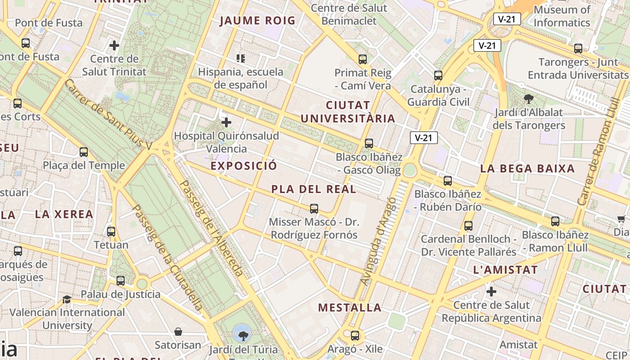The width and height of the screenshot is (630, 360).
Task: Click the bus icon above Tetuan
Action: click(111, 232)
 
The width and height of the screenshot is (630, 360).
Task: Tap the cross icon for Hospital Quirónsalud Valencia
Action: click(226, 122)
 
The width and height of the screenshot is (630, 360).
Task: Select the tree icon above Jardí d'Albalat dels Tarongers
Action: click(529, 99)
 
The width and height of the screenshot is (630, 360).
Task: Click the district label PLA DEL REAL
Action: click(314, 189)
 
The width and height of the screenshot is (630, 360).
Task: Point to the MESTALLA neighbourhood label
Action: click(350, 308)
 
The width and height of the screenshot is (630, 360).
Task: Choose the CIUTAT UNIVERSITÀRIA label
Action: click(348, 112)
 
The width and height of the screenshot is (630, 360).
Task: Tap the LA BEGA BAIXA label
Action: click(527, 169)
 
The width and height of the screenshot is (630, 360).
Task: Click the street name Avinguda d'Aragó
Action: click(378, 241)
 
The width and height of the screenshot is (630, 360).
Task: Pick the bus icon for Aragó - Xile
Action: click(355, 335)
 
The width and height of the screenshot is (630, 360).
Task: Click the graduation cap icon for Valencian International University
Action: click(67, 299)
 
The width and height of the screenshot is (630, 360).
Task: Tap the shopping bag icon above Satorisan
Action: click(178, 332)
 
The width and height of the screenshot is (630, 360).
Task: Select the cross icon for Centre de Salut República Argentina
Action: click(491, 292)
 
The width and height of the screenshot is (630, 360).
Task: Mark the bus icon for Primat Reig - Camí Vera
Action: click(363, 59)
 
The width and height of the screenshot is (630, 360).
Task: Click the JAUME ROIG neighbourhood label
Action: click(257, 21)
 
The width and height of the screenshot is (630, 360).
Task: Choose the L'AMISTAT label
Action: click(505, 270)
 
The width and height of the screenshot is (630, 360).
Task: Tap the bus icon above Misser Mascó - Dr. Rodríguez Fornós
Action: click(314, 208)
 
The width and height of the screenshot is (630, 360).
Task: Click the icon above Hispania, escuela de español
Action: click(241, 58)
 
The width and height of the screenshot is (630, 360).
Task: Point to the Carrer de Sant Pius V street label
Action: click(108, 114)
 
